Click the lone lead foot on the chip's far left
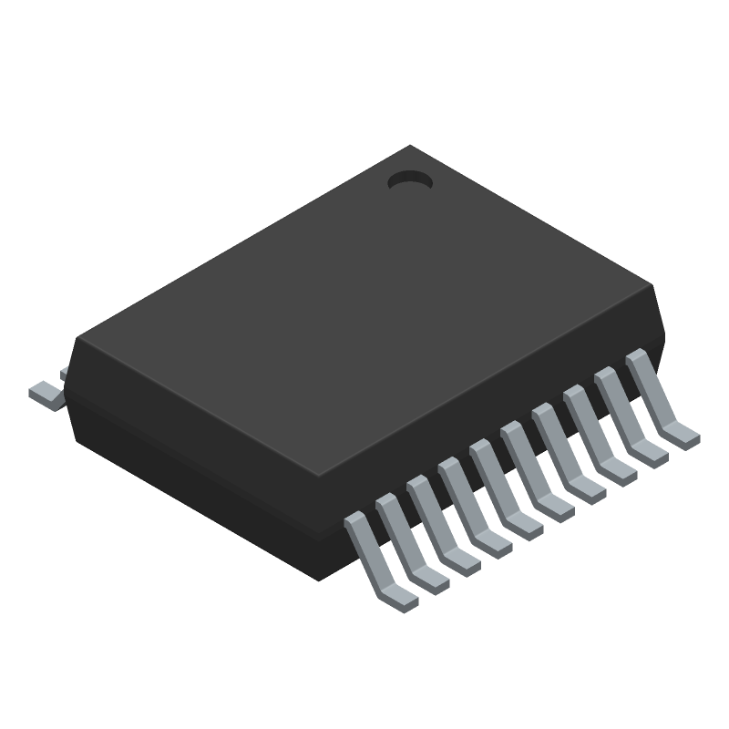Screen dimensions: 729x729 (x=44, y=393)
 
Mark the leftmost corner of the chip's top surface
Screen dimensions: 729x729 (x=78, y=339)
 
